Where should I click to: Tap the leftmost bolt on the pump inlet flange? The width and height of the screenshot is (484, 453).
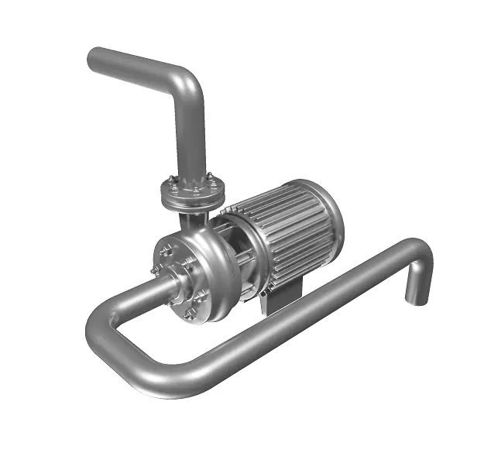[x=156, y=269]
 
